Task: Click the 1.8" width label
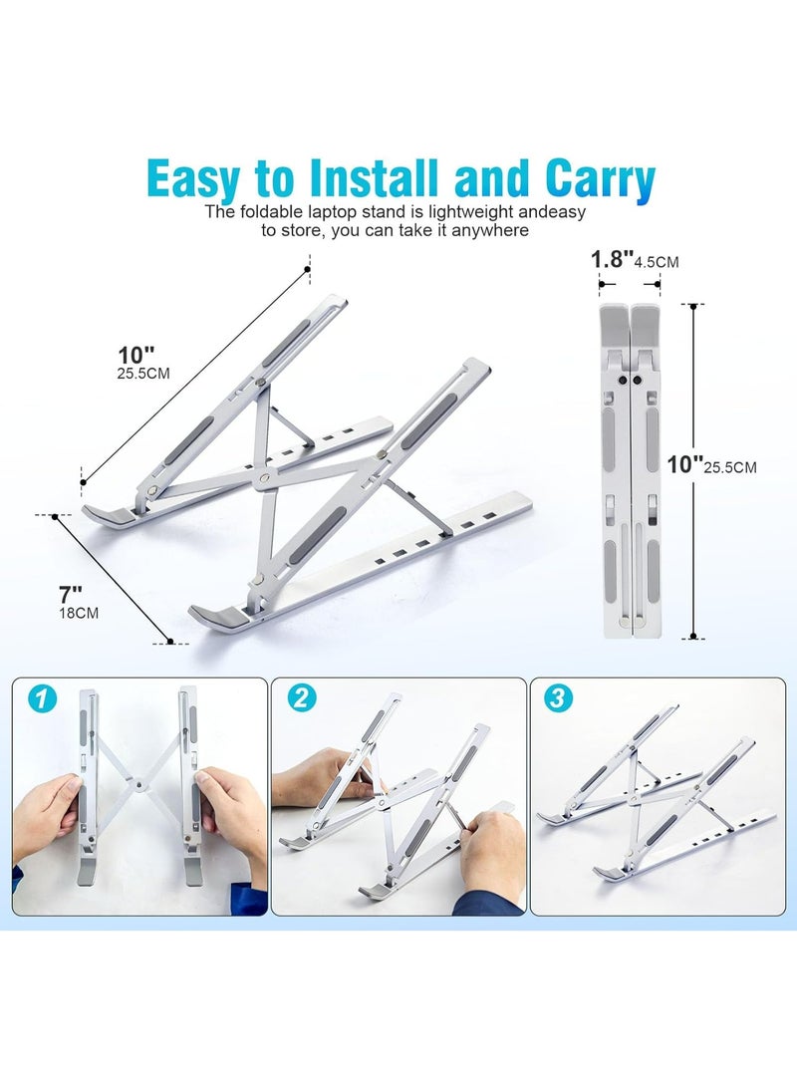pos(612,260)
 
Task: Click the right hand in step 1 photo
pos(226,817)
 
